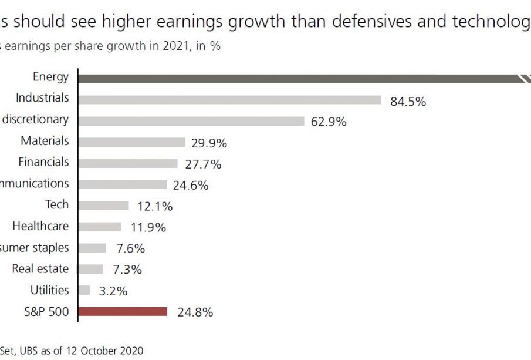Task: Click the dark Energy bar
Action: coord(293,79)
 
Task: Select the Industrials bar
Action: coord(229,100)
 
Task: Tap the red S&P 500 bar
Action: coord(123,311)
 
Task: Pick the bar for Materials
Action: coord(131,142)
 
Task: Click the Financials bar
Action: coord(127,163)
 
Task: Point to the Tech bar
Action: coord(103,206)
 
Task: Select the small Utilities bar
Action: coord(84,290)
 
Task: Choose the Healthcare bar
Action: coord(100,227)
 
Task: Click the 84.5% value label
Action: coord(408,102)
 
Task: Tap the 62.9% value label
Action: coord(329,122)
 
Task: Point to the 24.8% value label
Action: coord(195,312)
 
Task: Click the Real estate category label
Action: coord(40,269)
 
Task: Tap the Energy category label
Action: coord(51,76)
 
